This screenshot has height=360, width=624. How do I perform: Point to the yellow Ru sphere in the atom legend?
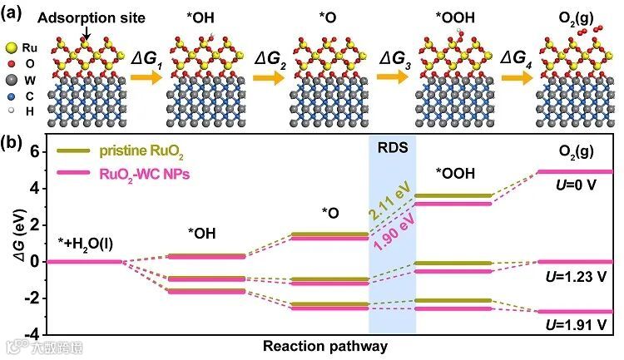10,49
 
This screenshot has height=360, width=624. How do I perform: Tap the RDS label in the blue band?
391,150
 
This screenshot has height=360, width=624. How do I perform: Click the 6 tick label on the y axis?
35,151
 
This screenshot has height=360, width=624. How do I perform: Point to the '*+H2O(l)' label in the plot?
83,243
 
